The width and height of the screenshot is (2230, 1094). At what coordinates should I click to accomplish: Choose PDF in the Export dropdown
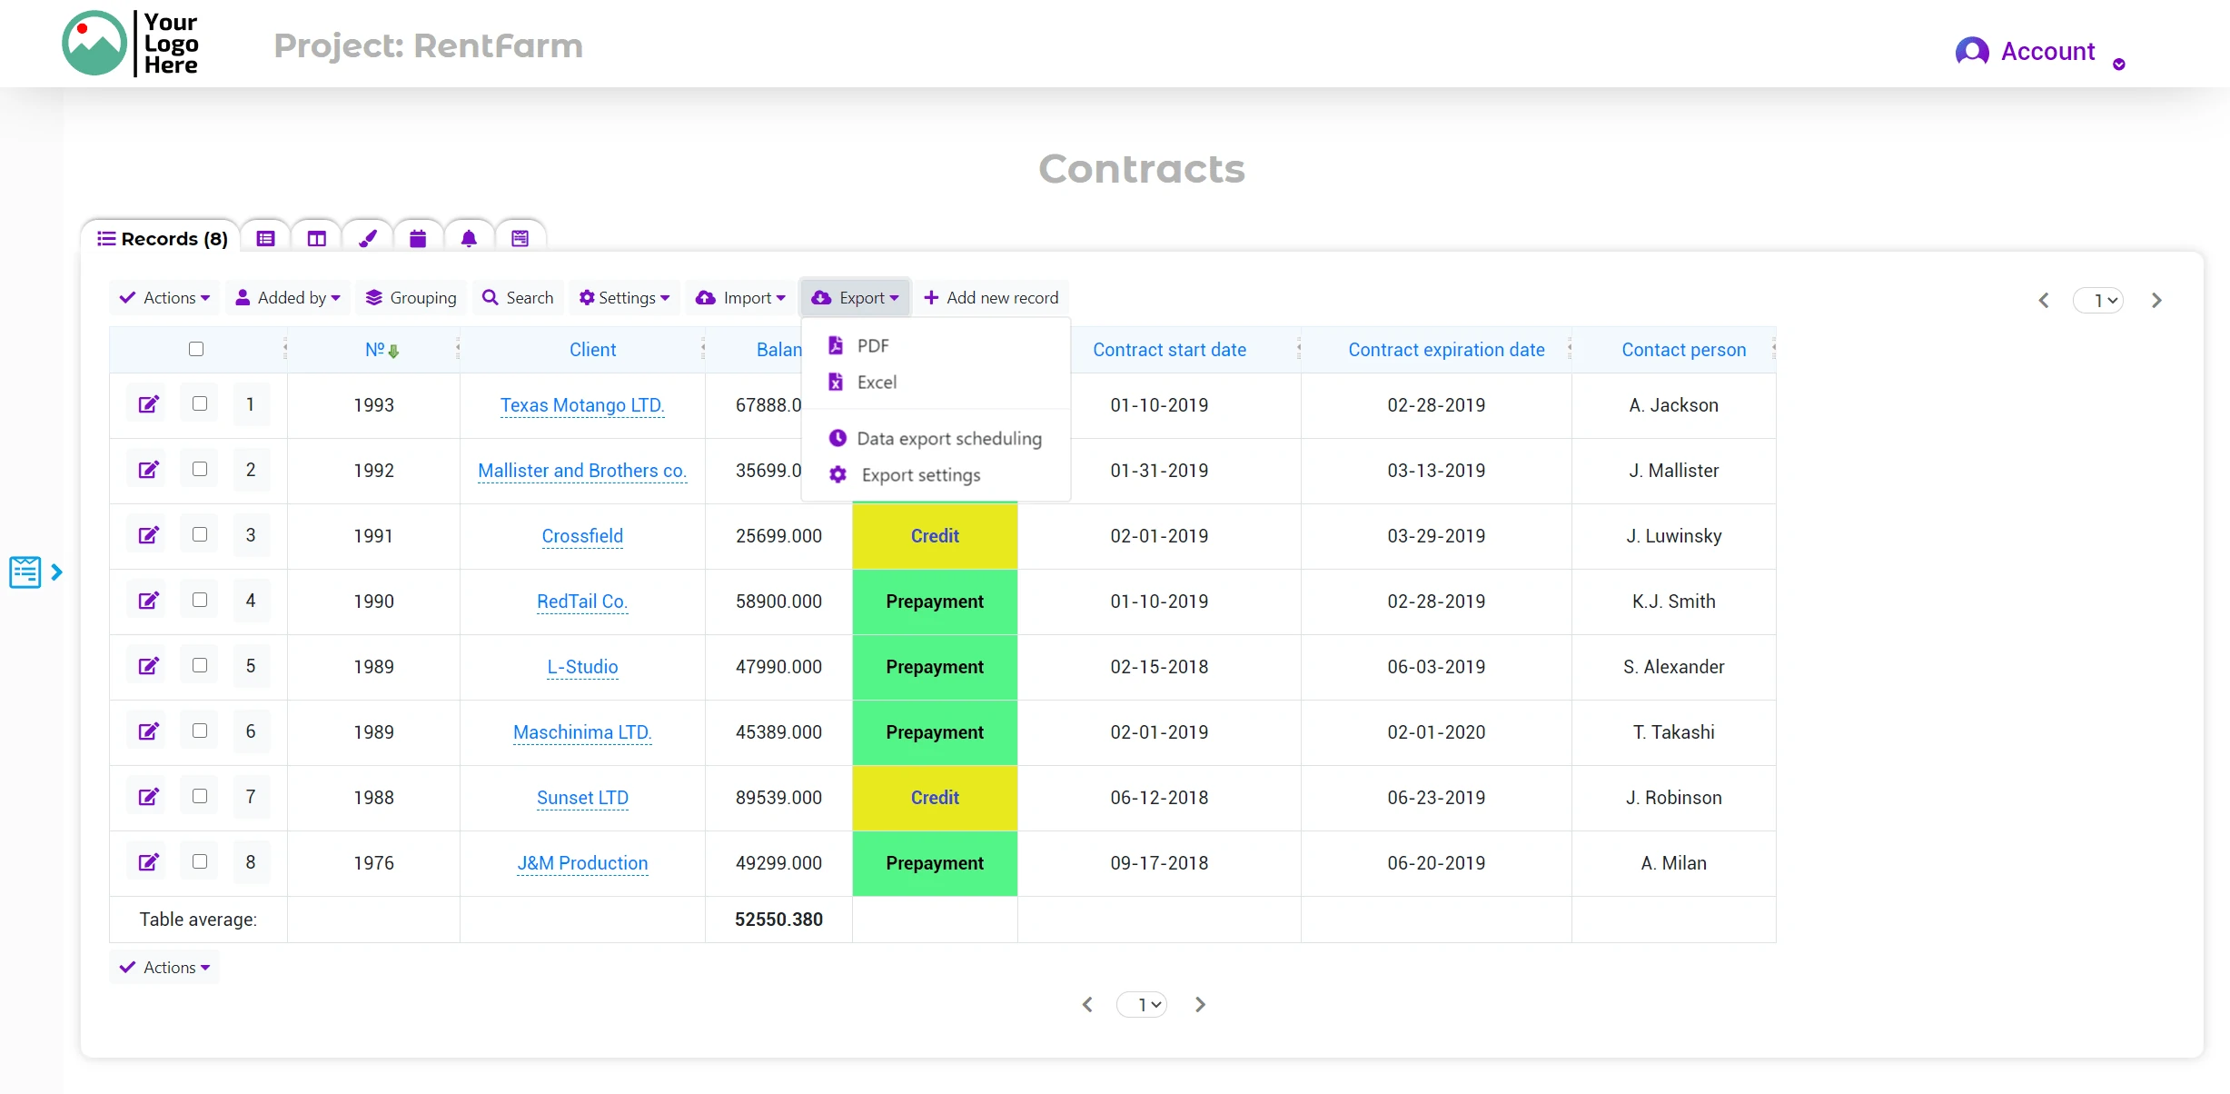tap(871, 346)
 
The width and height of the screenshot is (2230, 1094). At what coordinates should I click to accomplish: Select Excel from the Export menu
tap(875, 383)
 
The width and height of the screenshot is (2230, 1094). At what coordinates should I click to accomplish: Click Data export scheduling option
tap(947, 439)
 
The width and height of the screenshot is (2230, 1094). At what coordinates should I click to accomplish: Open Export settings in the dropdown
tap(919, 475)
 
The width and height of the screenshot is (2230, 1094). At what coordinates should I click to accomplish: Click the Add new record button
tap(991, 298)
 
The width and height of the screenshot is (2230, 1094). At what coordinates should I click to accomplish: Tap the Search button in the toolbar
tap(518, 298)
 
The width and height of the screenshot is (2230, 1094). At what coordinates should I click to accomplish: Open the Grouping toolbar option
tap(411, 298)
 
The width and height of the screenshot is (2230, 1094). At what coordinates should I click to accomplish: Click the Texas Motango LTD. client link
tap(582, 405)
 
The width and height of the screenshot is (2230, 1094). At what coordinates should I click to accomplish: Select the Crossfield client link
tap(582, 536)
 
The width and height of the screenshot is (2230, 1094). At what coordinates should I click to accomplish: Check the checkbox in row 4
tap(200, 600)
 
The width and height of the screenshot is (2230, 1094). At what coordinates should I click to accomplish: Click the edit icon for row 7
tap(148, 797)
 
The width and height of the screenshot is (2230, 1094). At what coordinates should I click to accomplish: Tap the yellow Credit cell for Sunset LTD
tap(935, 798)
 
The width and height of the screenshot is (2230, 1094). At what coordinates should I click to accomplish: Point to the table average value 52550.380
tap(778, 920)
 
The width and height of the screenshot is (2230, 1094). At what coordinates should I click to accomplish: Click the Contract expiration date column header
tap(1446, 350)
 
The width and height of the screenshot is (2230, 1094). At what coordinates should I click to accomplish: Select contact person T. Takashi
tap(1673, 732)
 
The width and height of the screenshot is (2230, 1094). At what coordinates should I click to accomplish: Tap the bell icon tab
tap(469, 239)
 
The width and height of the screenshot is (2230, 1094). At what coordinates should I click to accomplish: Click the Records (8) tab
tap(163, 239)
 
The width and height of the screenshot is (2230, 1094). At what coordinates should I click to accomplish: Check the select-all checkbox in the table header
tap(196, 349)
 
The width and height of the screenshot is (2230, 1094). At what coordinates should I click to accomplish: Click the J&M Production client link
tap(582, 863)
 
